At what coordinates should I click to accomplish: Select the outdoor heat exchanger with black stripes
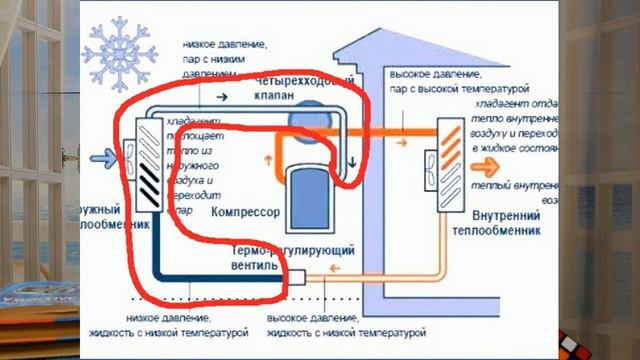(x=146, y=163)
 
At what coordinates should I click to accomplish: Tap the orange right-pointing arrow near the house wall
(x=399, y=141)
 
